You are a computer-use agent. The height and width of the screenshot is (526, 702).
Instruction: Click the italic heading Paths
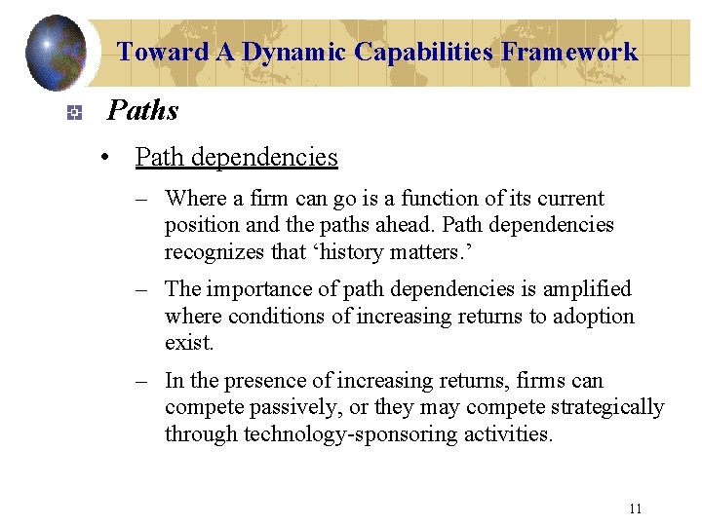tap(142, 111)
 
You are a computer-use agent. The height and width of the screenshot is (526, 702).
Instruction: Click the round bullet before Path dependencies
tap(115, 158)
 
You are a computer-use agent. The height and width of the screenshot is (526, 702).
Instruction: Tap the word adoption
tap(595, 317)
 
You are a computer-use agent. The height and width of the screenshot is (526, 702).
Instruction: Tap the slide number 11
tap(636, 508)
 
